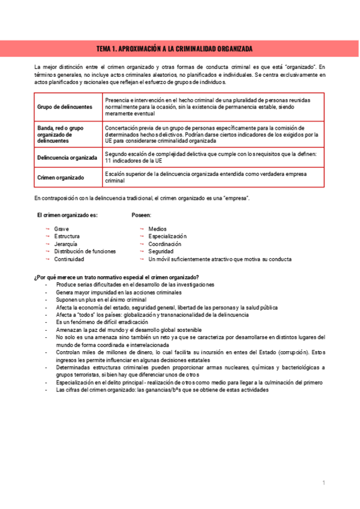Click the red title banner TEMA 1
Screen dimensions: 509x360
pos(179,48)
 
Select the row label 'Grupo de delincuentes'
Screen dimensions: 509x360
pos(65,107)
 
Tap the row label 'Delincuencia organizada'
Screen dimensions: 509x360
pos(67,157)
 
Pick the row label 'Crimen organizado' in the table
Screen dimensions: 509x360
pos(61,178)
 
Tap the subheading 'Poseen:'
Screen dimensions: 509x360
pos(142,214)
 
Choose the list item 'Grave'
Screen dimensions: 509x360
pos(61,229)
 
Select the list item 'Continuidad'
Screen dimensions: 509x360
pos(69,259)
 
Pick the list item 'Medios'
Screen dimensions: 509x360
pos(158,229)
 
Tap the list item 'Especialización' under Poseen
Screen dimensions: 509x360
pos(167,236)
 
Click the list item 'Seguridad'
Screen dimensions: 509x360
pos(161,251)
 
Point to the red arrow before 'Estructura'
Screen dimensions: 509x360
pos(47,236)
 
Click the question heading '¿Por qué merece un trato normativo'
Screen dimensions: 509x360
pos(116,277)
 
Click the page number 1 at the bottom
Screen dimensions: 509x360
pos(323,483)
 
